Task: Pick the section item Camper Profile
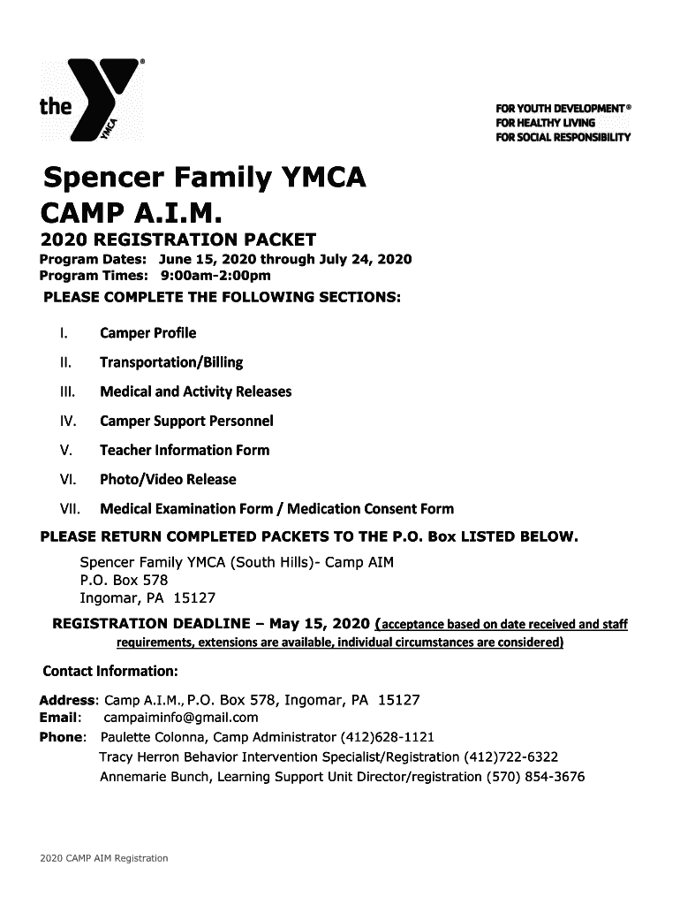(x=147, y=333)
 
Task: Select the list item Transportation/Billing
(x=170, y=362)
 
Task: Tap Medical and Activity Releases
(x=195, y=392)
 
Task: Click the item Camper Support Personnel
(x=186, y=421)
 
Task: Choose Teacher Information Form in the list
(x=184, y=450)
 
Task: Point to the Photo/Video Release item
(x=168, y=479)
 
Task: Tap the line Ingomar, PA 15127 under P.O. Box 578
(x=147, y=597)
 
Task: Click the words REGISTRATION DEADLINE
(x=152, y=625)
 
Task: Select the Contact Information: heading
(x=110, y=666)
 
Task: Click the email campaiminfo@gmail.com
(x=181, y=717)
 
